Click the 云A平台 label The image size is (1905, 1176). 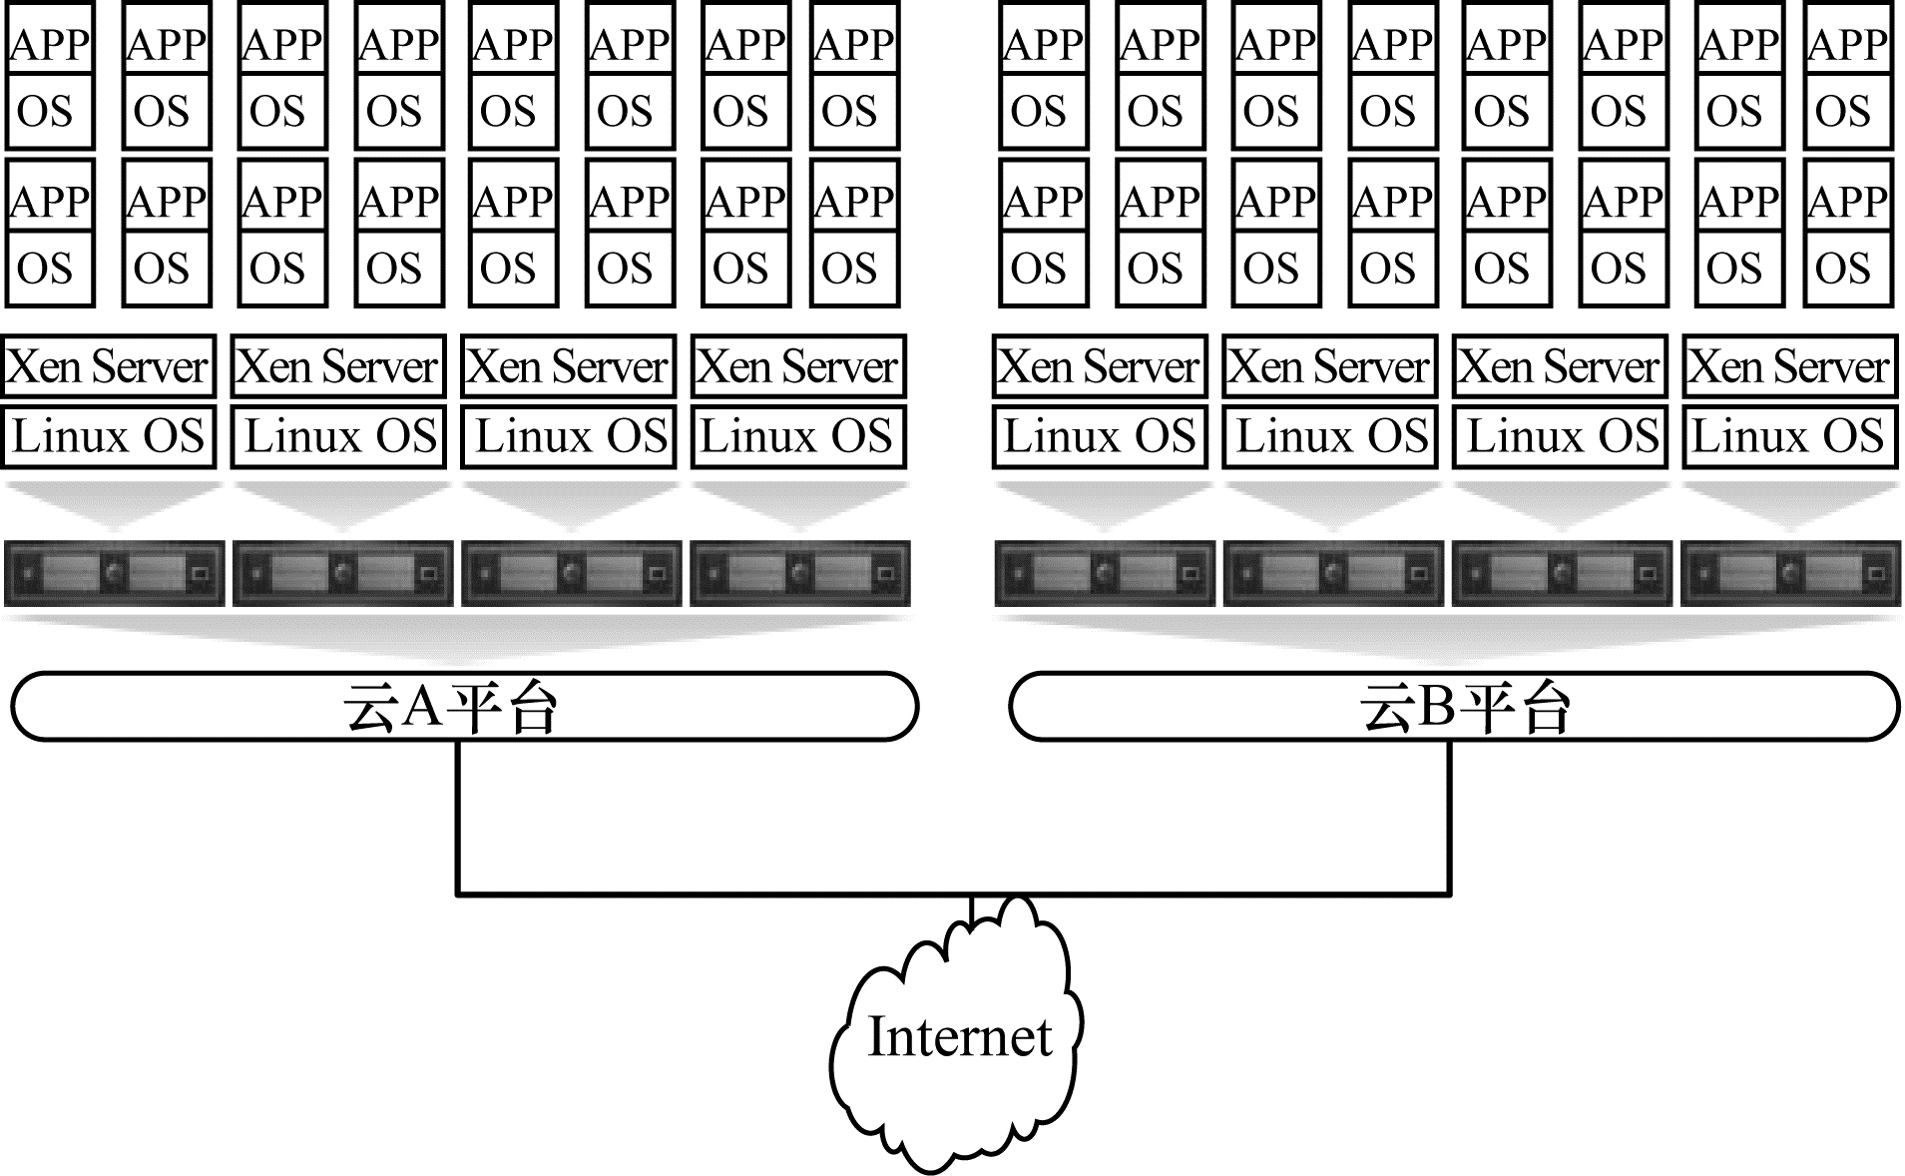coord(451,707)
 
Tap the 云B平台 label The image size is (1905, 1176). coord(1464,707)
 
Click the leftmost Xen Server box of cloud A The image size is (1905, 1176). coord(108,366)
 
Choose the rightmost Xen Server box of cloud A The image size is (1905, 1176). coord(798,366)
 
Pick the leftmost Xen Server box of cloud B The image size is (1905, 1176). coord(1099,366)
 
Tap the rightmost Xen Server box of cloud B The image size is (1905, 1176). coord(1789,366)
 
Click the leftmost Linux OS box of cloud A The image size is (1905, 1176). coord(108,436)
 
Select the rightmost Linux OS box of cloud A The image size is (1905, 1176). coord(798,436)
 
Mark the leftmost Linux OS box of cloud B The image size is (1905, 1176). coord(1099,436)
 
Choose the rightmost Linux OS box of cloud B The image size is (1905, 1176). coord(1789,436)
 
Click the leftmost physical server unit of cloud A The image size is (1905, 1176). coord(114,573)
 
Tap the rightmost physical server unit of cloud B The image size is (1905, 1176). coord(1790,573)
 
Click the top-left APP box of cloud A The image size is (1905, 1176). coord(50,42)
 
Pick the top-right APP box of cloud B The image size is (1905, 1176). coord(1849,42)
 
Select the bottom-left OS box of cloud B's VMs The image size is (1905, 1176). coord(1042,269)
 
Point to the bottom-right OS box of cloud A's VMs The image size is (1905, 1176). coord(853,269)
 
